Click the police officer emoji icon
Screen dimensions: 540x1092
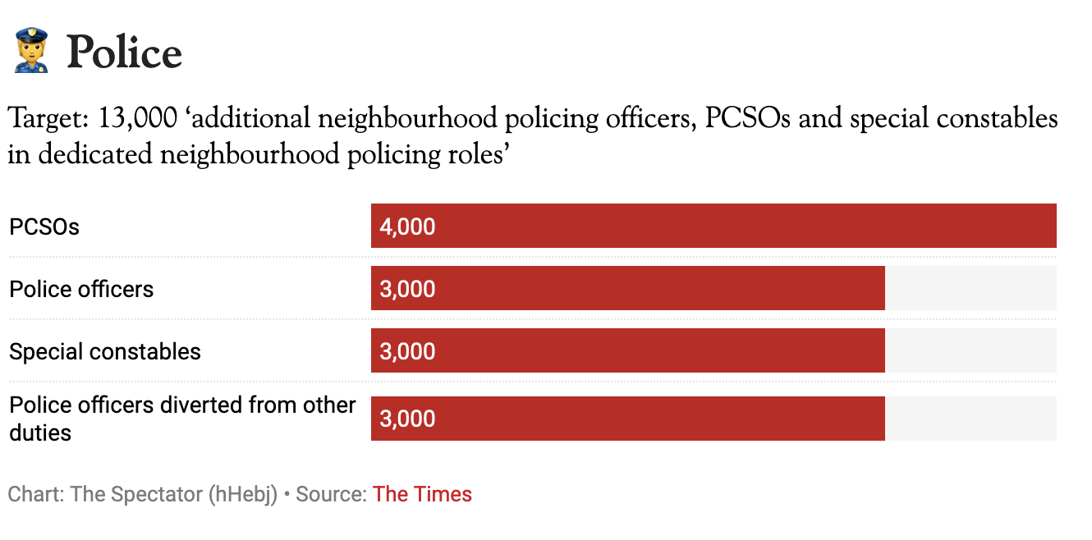[x=31, y=51]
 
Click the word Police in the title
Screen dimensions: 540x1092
[x=124, y=53]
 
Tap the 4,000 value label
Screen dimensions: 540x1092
[x=407, y=227]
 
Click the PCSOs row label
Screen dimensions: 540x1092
[x=44, y=227]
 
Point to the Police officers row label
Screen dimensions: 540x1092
[x=81, y=289]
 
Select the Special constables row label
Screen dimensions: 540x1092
[x=105, y=351]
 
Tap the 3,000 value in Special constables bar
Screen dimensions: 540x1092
[x=407, y=351]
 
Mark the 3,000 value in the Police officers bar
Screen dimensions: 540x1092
[x=407, y=289]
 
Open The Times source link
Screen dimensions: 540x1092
[x=422, y=494]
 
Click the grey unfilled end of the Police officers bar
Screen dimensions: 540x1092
[x=970, y=288]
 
